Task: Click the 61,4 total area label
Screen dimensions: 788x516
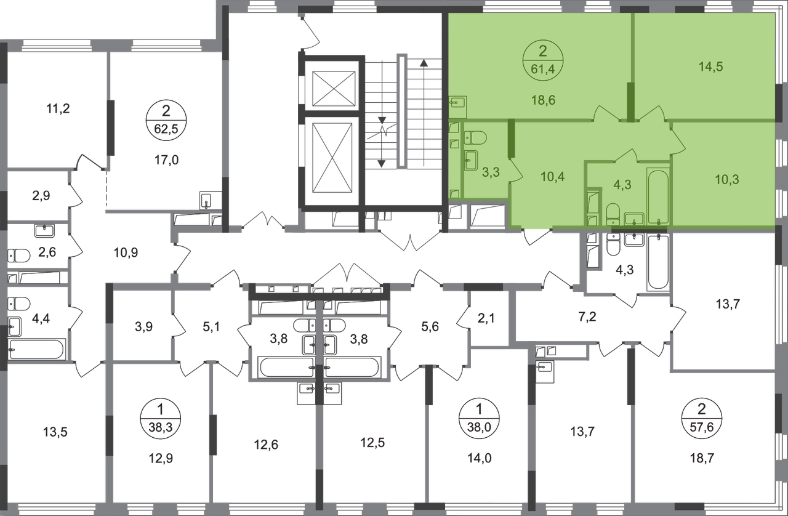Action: click(543, 70)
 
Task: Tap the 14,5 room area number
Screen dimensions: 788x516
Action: click(710, 67)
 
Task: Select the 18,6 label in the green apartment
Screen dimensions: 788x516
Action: click(543, 100)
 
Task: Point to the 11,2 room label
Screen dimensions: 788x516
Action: click(58, 109)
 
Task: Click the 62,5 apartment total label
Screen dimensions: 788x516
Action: click(166, 129)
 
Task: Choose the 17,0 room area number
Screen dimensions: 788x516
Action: click(166, 160)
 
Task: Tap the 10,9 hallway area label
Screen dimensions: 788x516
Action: click(126, 252)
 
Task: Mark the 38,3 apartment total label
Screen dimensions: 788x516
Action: click(161, 427)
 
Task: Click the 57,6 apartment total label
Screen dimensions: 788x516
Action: click(701, 427)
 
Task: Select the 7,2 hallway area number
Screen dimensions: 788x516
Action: click(587, 317)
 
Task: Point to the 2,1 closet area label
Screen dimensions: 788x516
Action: click(486, 318)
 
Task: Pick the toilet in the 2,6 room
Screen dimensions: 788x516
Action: click(18, 256)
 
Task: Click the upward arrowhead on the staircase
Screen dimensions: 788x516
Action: click(424, 63)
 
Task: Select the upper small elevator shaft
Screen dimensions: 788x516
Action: click(334, 88)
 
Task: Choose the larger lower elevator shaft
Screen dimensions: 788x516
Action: click(332, 158)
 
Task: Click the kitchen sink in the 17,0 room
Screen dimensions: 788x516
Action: click(206, 201)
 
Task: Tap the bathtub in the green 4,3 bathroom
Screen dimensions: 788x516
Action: click(657, 196)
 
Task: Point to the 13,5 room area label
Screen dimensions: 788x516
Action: click(55, 432)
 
